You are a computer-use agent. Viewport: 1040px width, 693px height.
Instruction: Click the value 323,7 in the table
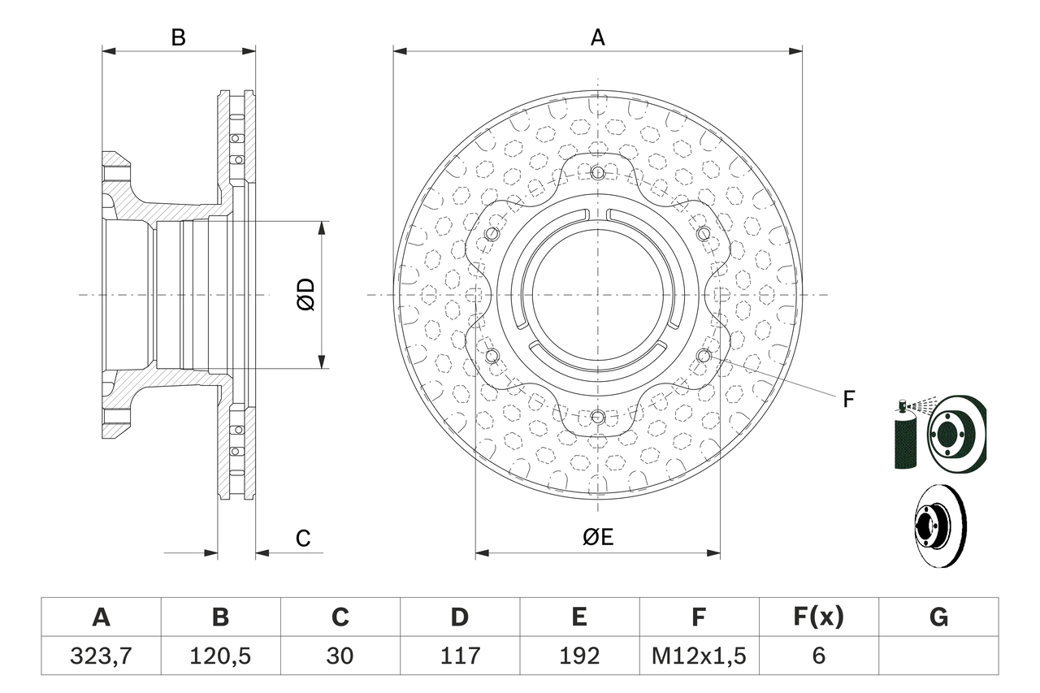coord(101,656)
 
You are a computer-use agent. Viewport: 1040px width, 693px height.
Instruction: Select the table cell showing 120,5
coord(220,656)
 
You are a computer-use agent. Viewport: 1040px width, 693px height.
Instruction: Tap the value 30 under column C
coord(340,656)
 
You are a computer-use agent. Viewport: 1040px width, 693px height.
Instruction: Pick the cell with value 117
coord(459,656)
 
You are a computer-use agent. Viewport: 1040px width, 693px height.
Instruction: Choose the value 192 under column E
coord(578,656)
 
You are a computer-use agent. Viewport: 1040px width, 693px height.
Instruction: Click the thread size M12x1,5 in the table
coord(699,656)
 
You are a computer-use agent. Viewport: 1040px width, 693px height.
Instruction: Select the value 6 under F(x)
coord(818,656)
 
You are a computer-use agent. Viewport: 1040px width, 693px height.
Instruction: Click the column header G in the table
coord(938,617)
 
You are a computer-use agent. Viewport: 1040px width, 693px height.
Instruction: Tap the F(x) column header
coord(818,617)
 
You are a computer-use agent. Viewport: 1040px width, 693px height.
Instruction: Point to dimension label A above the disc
coord(597,37)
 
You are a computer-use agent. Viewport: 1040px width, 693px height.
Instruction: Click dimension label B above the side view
coord(178,37)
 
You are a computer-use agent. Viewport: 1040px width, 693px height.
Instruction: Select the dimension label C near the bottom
coord(302,538)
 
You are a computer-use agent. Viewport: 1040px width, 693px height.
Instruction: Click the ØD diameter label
coord(305,294)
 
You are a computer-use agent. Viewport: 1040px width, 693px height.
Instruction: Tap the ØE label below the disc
coord(597,536)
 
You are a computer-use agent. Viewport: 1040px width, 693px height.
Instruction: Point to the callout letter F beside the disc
coord(848,399)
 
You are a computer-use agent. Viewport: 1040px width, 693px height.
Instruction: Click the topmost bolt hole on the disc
coord(598,172)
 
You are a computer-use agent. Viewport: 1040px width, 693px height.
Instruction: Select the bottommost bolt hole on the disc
coord(598,417)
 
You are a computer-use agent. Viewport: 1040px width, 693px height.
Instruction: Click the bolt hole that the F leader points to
coord(704,355)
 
